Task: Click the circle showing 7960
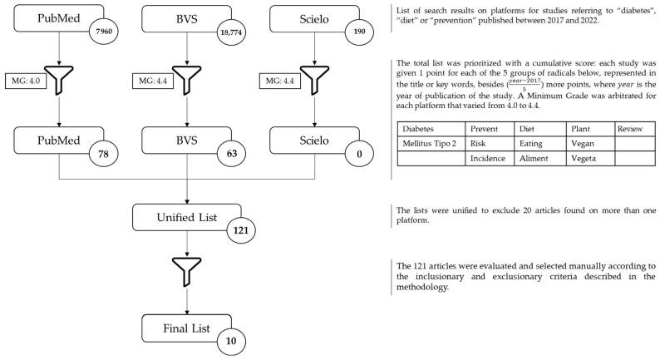(x=104, y=31)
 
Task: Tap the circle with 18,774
(x=232, y=32)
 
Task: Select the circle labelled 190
(x=359, y=31)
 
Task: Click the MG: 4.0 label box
(x=26, y=81)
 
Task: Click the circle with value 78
(x=104, y=154)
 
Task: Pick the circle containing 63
(x=232, y=154)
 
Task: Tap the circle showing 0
(x=359, y=154)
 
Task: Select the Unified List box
(x=187, y=217)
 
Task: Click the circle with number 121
(x=241, y=230)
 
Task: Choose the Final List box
(x=186, y=328)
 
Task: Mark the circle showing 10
(x=231, y=341)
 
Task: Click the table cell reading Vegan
(x=590, y=144)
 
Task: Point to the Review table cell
(x=635, y=129)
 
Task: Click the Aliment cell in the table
(x=540, y=158)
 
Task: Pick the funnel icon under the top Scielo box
(x=314, y=81)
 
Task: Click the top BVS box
(x=186, y=18)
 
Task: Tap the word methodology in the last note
(x=422, y=287)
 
